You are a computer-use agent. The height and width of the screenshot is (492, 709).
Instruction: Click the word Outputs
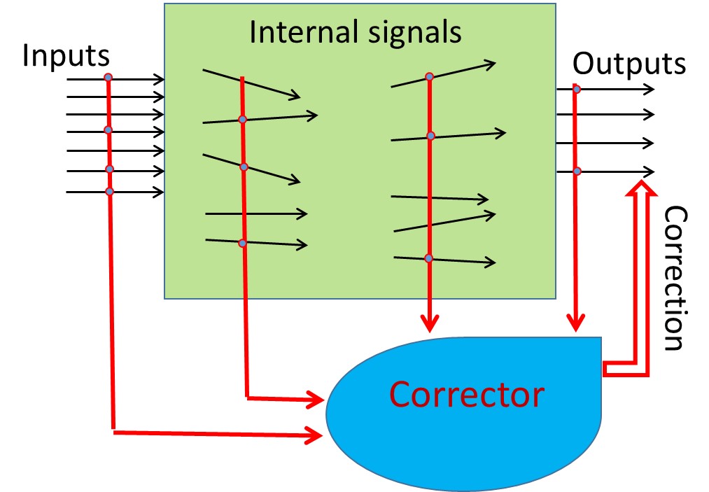(629, 64)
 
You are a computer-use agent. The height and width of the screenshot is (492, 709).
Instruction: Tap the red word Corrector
(466, 394)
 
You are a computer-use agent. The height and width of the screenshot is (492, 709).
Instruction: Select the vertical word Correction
(675, 278)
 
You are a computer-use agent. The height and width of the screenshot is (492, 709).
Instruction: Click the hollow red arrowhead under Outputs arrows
(638, 187)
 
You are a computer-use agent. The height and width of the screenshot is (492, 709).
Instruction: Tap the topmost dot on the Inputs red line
(108, 77)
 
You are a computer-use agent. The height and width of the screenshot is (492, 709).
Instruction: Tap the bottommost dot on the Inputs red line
(109, 191)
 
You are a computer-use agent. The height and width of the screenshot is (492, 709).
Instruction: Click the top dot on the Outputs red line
(576, 89)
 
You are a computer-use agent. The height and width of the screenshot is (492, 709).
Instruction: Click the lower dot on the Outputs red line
(577, 171)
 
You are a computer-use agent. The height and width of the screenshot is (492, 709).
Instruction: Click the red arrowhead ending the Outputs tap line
(576, 323)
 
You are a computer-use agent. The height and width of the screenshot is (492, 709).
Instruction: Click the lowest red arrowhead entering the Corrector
(316, 435)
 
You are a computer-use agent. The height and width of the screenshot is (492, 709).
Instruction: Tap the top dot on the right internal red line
(430, 76)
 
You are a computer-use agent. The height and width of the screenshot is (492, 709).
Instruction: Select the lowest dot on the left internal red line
(242, 243)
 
